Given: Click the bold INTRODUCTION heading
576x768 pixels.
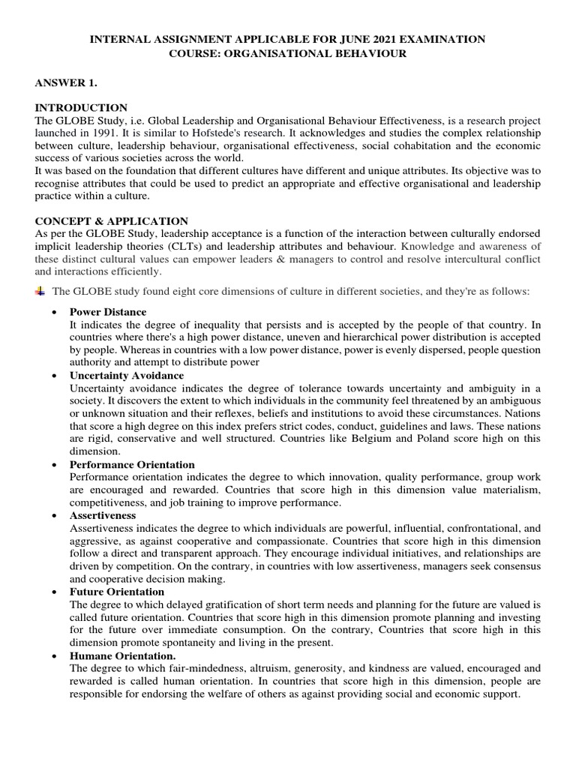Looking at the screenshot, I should pos(82,108).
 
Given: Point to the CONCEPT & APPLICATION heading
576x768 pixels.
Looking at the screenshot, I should pos(112,221).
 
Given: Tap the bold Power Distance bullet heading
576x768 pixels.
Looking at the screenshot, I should pos(108,312).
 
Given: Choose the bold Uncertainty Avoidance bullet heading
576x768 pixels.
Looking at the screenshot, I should pos(126,375).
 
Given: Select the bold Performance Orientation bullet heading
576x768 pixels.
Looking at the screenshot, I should pos(131,465).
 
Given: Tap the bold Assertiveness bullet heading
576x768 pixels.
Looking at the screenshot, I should pos(103,516).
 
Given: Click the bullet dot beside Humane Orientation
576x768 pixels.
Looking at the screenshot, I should pos(54,656).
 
